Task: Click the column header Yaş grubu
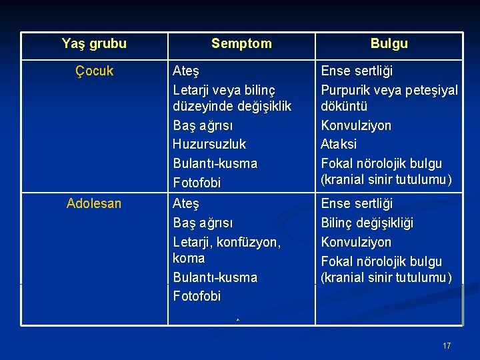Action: point(94,44)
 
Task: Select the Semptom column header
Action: point(241,44)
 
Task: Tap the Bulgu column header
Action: point(389,44)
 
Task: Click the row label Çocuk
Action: point(95,71)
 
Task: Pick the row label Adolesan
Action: point(94,203)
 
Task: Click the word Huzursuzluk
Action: point(209,144)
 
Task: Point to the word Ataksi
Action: point(339,144)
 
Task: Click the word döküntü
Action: point(345,106)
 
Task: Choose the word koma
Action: point(189,258)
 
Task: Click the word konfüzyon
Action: point(250,242)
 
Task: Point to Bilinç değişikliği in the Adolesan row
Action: point(367,223)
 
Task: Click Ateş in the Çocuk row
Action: point(186,71)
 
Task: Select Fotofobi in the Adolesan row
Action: point(197,296)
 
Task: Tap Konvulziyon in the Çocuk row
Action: point(356,125)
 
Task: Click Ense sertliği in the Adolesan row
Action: point(357,203)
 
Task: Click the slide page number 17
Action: point(447,345)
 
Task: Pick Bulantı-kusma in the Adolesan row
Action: point(215,277)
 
